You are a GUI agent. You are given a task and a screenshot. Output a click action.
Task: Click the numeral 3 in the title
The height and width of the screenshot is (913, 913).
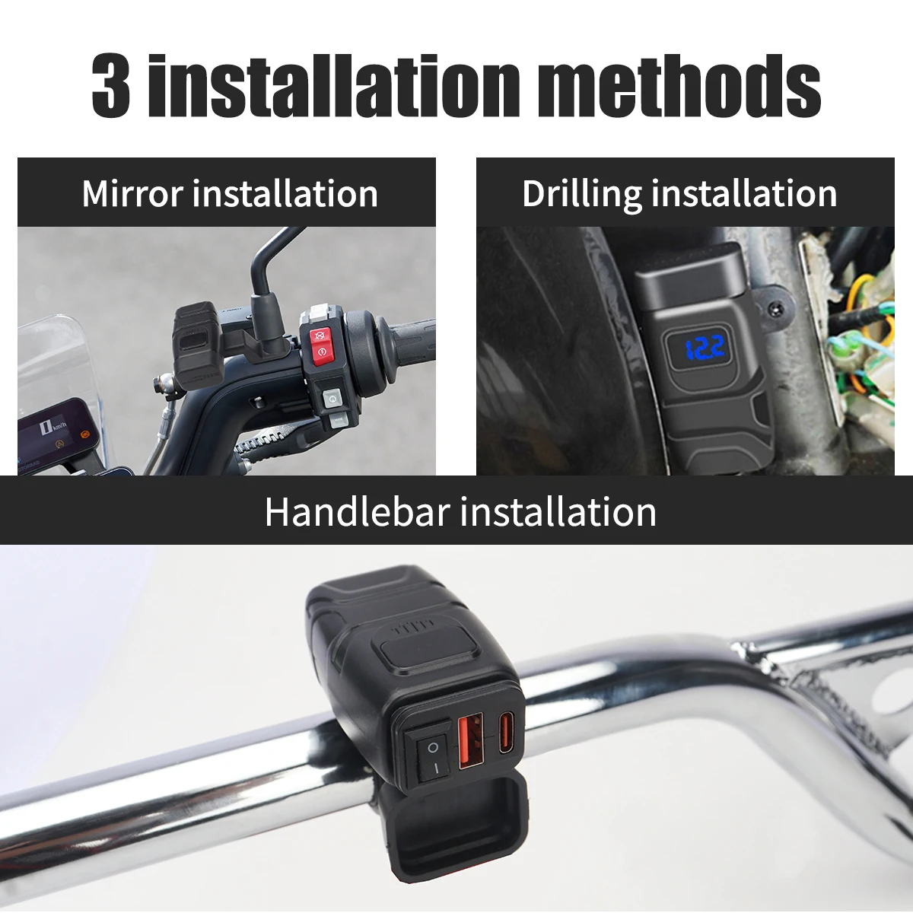coord(111,86)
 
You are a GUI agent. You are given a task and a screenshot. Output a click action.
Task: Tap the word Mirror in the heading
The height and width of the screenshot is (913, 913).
coord(132,193)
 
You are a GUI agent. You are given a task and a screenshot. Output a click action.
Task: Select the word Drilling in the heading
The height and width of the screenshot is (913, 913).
coord(582,195)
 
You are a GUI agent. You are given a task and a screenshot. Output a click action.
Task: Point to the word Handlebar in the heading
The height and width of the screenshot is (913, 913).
coord(358,512)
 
